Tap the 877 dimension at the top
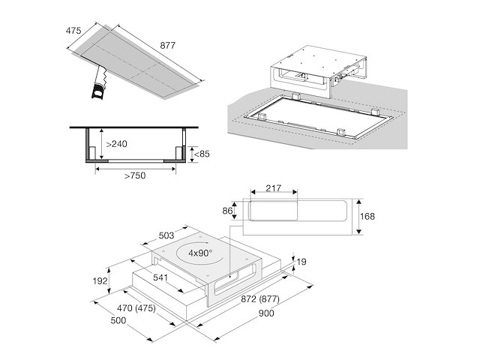click(x=168, y=45)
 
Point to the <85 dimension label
click(x=202, y=155)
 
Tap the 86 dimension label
click(x=226, y=211)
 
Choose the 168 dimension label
click(x=367, y=216)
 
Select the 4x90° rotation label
click(x=200, y=253)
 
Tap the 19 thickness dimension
click(x=301, y=262)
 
